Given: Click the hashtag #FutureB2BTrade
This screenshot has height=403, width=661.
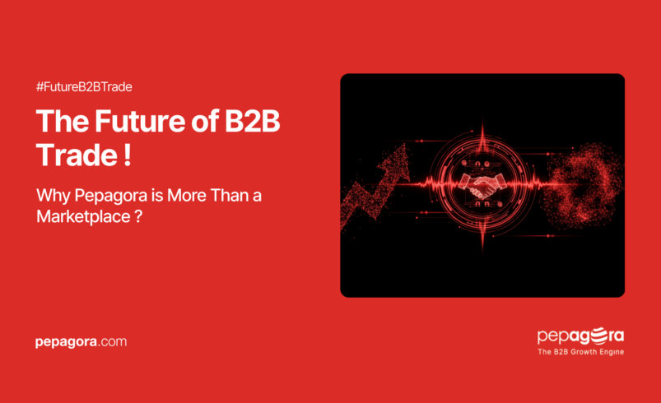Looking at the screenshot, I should click(x=85, y=86).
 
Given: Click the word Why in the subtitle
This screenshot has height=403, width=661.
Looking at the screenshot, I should click(x=51, y=197).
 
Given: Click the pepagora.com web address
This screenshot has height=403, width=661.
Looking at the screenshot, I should click(x=81, y=341).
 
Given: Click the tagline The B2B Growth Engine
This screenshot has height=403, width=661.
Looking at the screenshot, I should click(x=580, y=352).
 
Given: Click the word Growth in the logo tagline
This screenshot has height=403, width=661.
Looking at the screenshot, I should click(x=585, y=352).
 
